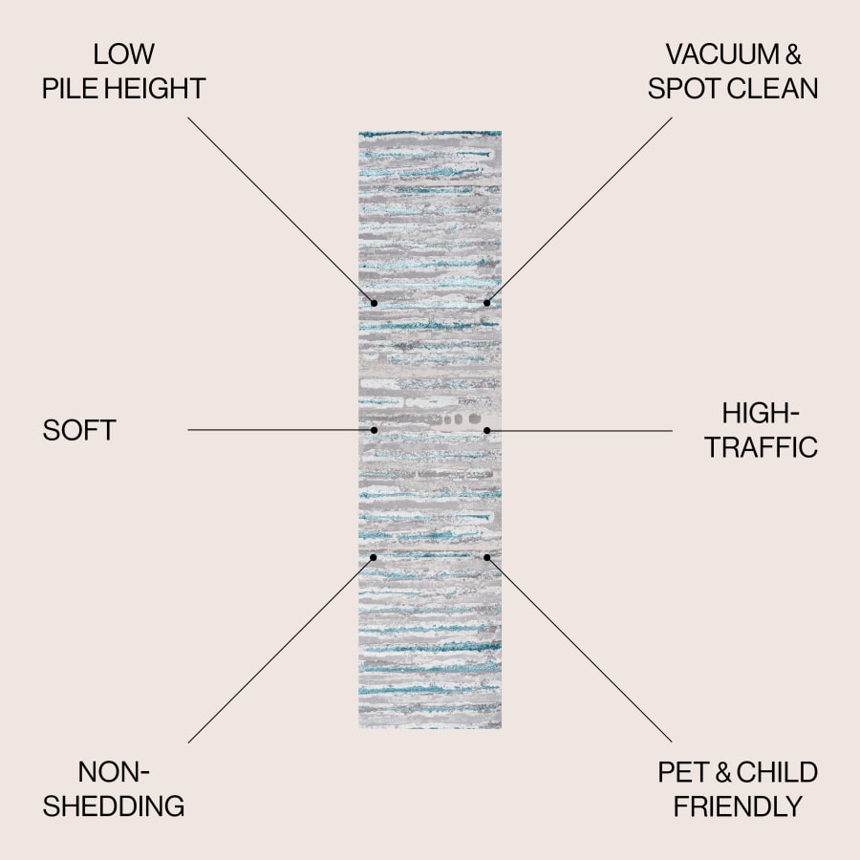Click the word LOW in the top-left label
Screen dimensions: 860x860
click(124, 54)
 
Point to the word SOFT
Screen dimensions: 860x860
click(78, 430)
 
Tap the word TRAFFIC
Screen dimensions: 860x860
click(762, 447)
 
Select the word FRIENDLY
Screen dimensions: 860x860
click(737, 806)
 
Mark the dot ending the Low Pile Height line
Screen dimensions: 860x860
click(375, 303)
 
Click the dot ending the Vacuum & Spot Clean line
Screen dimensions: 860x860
click(486, 303)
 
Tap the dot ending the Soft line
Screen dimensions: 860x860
click(375, 430)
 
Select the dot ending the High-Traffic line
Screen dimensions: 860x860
click(486, 430)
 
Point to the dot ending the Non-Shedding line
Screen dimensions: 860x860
click(375, 557)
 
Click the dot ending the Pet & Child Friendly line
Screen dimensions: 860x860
click(486, 557)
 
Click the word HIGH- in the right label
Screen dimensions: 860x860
click(760, 413)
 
